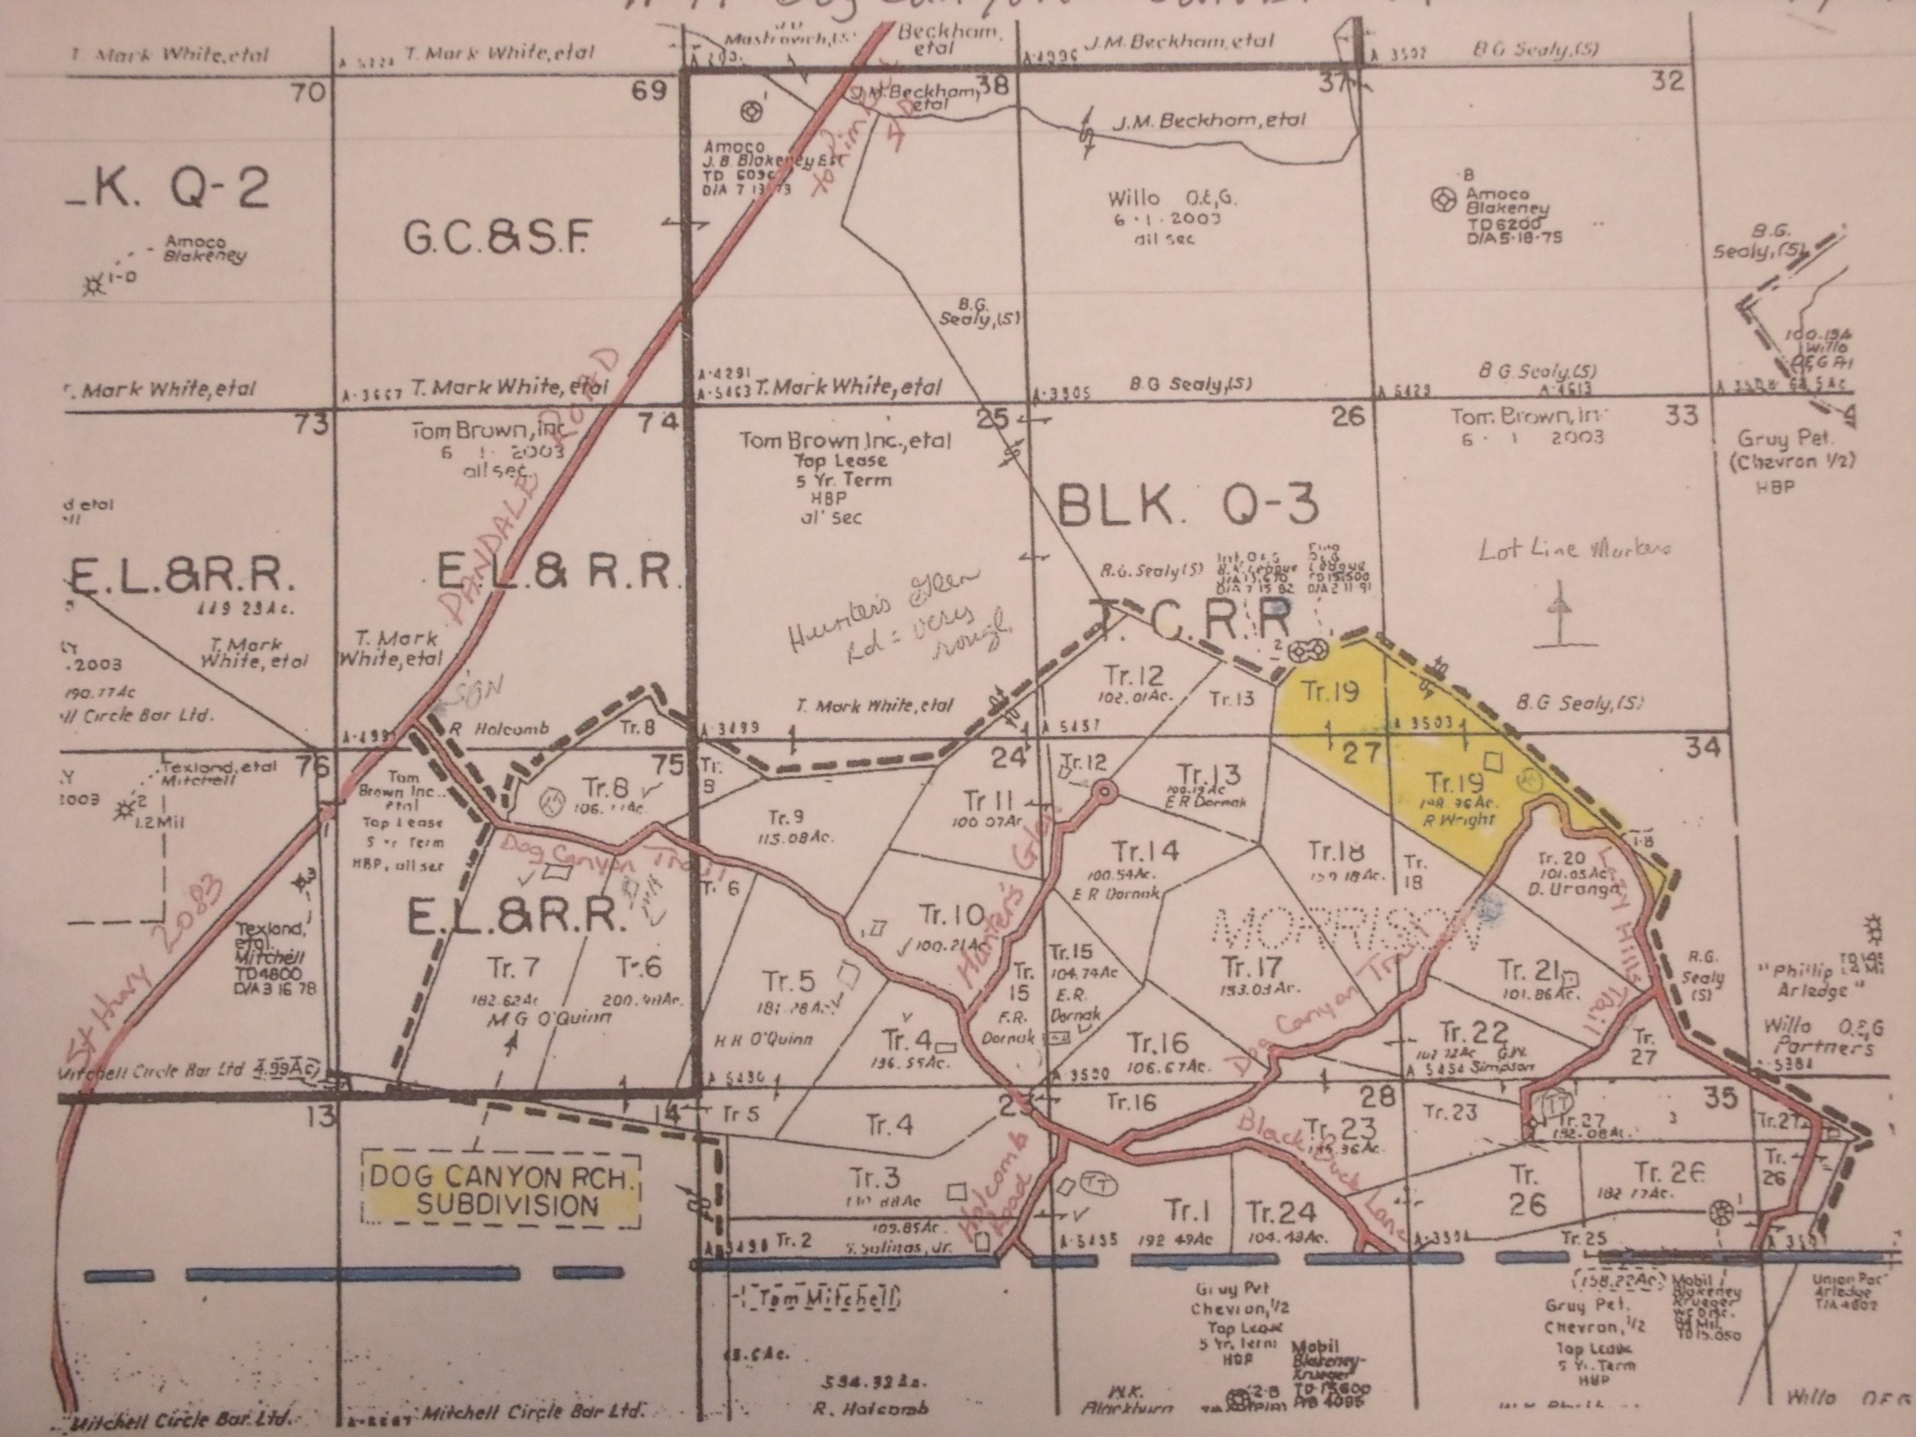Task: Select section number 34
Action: point(1702,747)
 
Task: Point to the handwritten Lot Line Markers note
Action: point(1575,548)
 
